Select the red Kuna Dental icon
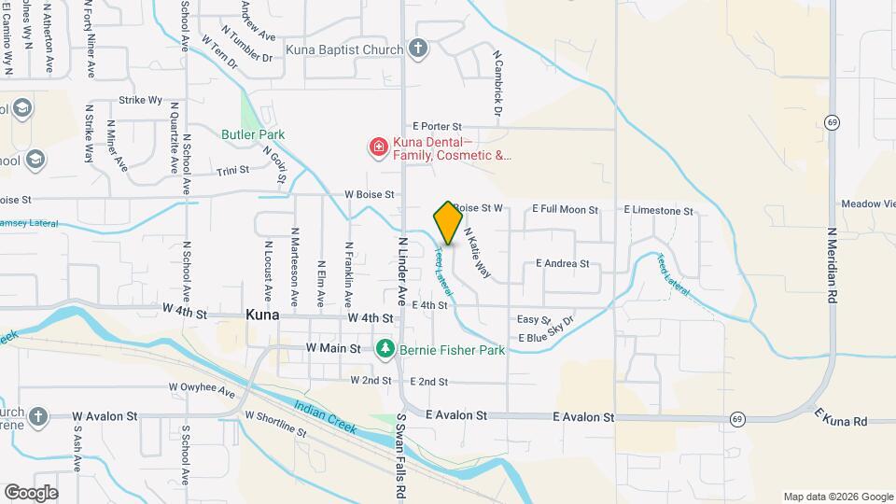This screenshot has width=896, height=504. tap(378, 147)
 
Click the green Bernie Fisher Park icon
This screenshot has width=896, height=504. tap(384, 349)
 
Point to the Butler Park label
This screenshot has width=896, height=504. tap(253, 134)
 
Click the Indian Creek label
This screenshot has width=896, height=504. tap(324, 415)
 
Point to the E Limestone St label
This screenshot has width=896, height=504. tap(658, 211)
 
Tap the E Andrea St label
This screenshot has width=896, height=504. tap(562, 263)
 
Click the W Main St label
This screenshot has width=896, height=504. tap(333, 348)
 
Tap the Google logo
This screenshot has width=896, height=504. tap(30, 492)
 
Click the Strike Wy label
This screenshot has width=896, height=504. tap(140, 100)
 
